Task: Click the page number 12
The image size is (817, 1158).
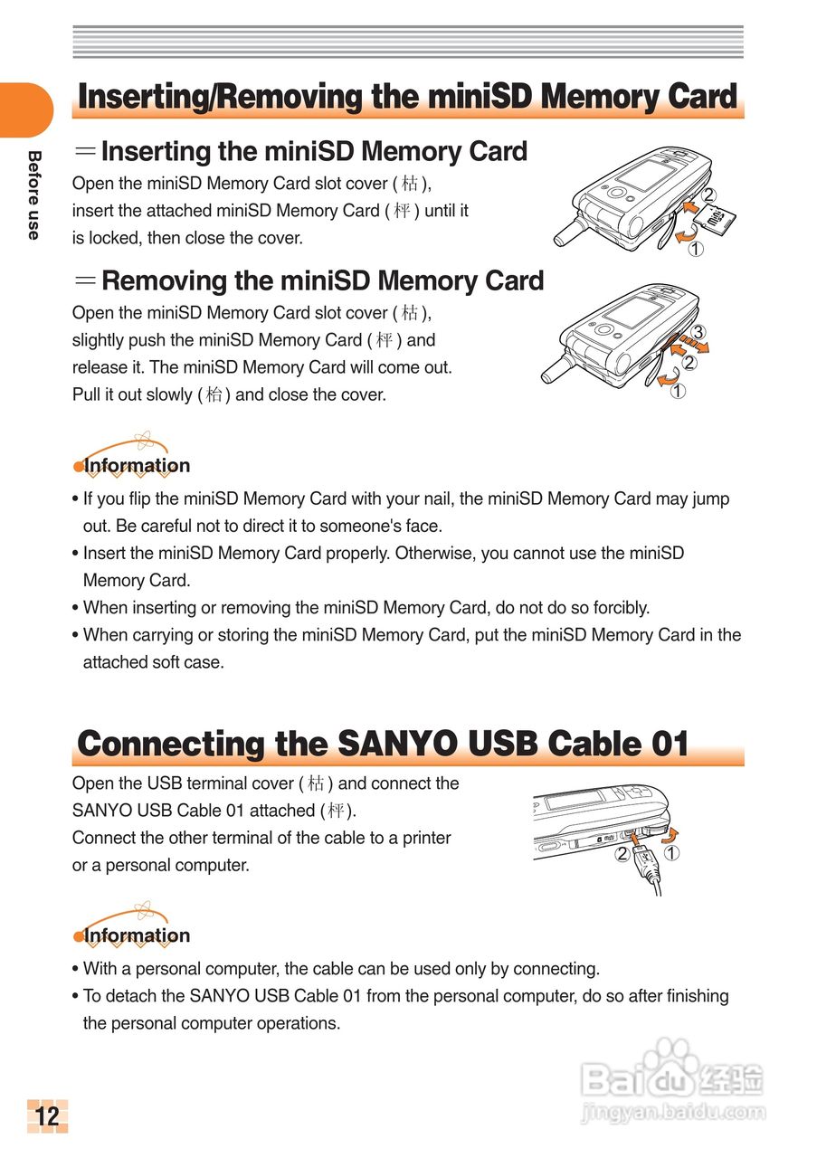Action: point(47,1116)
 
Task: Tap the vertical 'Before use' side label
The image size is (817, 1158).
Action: point(34,195)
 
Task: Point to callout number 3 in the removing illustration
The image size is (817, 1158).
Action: point(698,330)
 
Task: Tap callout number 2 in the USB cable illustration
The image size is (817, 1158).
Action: point(622,853)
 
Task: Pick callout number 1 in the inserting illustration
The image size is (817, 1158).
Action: point(695,251)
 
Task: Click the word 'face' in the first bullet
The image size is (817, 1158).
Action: point(421,526)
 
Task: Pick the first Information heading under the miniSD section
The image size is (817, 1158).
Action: point(137,466)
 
